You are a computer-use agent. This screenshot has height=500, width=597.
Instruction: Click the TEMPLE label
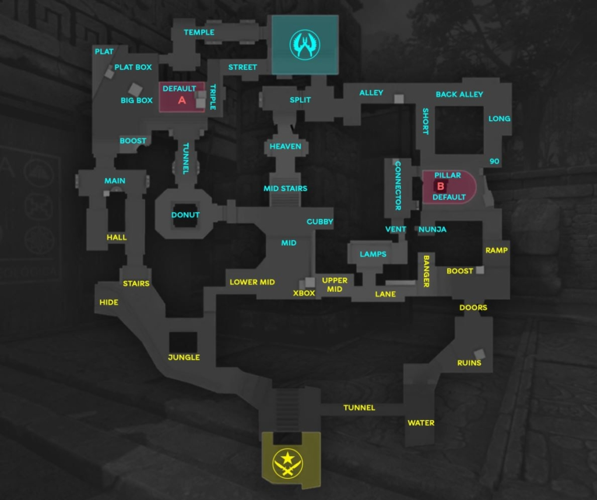(x=199, y=32)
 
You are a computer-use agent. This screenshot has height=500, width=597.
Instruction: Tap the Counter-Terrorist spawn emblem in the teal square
(x=305, y=44)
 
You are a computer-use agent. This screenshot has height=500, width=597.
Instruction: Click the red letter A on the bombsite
(x=182, y=100)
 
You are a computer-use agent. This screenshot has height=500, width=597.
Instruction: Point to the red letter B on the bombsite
(x=441, y=187)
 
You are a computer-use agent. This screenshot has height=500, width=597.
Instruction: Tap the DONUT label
(x=185, y=215)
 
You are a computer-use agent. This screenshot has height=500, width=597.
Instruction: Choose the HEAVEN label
(x=285, y=146)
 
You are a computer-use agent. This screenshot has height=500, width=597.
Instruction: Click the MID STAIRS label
(x=285, y=188)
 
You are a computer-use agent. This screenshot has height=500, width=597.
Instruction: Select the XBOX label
(x=304, y=293)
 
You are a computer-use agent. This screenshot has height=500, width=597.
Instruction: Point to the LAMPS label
(x=373, y=254)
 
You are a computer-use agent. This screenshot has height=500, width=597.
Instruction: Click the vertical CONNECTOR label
(x=398, y=185)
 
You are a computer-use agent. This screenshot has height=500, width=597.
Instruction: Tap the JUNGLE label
(x=184, y=357)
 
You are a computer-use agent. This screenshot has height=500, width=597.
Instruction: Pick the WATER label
(x=421, y=423)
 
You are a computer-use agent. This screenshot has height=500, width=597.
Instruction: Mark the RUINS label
(x=469, y=363)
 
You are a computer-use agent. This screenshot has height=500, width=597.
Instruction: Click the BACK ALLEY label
(x=459, y=95)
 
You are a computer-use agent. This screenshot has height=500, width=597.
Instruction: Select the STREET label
(x=243, y=67)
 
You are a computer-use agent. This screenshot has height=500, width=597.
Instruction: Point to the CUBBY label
(x=320, y=222)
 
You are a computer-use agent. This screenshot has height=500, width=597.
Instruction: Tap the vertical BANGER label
(x=426, y=271)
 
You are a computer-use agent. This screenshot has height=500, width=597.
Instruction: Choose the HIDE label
(x=108, y=302)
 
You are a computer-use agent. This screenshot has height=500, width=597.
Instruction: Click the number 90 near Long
(x=494, y=162)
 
